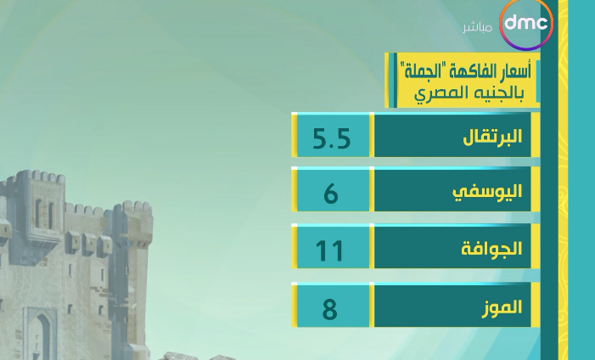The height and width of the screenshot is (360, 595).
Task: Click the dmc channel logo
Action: (x=526, y=25)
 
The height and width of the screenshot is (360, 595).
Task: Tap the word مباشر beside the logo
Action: (x=477, y=28)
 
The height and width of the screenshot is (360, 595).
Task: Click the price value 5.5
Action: (x=331, y=138)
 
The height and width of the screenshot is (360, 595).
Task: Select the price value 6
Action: (x=331, y=193)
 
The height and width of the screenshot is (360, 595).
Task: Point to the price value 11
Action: (x=329, y=251)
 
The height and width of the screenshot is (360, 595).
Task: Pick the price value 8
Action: (x=329, y=309)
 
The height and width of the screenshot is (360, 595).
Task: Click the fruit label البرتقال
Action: (x=492, y=137)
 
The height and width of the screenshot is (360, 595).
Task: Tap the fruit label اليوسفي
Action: (x=487, y=191)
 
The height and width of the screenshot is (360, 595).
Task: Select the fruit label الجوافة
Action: (x=491, y=249)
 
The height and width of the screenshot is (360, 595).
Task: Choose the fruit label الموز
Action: (x=502, y=307)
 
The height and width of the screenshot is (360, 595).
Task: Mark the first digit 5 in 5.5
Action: (x=321, y=138)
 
